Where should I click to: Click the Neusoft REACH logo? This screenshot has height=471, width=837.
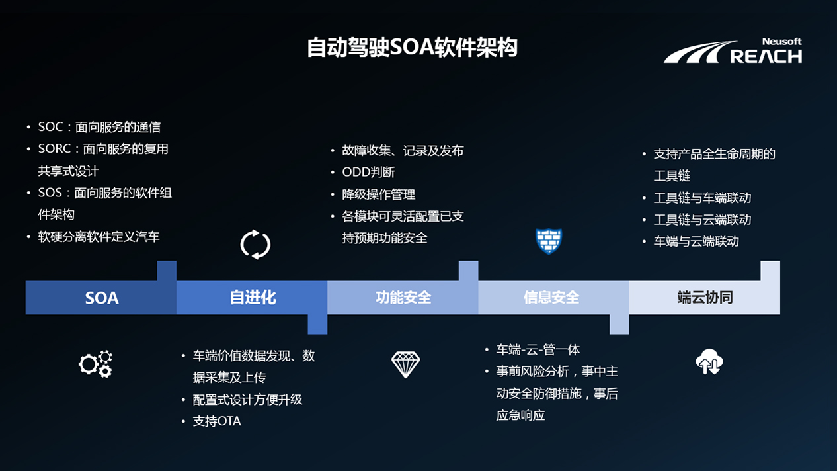click(x=733, y=51)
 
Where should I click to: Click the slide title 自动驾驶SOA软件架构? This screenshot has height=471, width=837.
click(x=412, y=48)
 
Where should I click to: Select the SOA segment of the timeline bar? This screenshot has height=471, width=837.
click(x=101, y=298)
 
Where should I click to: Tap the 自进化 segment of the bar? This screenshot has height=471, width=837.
click(x=252, y=298)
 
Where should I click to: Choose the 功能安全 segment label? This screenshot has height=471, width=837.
click(x=403, y=298)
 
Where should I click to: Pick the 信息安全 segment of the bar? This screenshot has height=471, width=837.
click(x=551, y=298)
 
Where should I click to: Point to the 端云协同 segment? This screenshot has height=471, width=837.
click(x=705, y=298)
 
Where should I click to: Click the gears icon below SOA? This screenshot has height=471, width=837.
click(x=95, y=364)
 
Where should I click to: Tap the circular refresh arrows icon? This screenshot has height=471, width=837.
click(x=255, y=245)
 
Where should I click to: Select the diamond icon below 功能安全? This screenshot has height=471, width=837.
click(x=405, y=364)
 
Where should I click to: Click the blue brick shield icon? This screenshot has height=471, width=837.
click(x=549, y=241)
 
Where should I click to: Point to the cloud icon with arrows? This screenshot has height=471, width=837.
click(x=709, y=362)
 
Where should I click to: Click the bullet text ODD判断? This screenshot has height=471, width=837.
click(x=368, y=173)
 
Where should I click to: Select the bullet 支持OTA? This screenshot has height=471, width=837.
click(x=217, y=421)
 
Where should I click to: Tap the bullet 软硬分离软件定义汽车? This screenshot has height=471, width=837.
click(x=99, y=237)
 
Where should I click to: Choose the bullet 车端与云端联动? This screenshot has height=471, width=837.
click(x=696, y=241)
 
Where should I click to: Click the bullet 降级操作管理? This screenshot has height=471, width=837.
click(x=378, y=194)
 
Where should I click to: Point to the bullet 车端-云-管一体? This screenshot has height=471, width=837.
click(x=538, y=350)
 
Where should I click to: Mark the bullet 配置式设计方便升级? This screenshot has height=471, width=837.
click(x=247, y=400)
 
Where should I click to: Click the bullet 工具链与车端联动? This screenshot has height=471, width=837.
click(x=702, y=198)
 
